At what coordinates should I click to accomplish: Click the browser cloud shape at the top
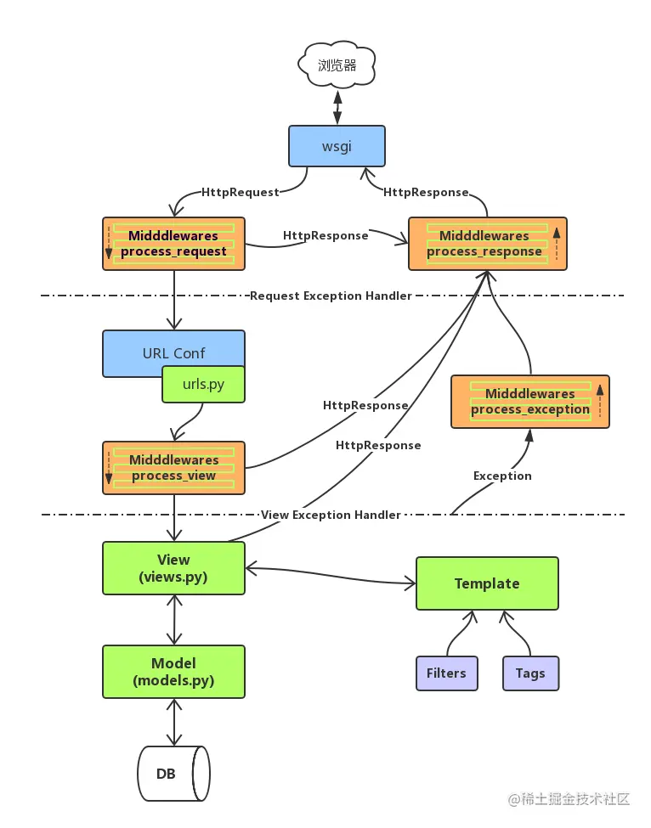click(x=337, y=65)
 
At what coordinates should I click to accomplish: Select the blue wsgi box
click(x=337, y=146)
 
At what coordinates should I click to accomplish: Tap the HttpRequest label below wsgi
click(x=240, y=192)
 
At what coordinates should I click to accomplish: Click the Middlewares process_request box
click(x=174, y=244)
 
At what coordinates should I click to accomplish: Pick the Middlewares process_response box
click(x=488, y=244)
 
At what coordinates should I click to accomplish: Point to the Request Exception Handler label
click(x=331, y=296)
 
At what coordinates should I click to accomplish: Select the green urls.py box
click(x=203, y=385)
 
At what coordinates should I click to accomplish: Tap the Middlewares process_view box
click(x=174, y=468)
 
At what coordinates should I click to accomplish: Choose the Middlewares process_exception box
click(x=530, y=402)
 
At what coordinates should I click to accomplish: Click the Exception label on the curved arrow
click(x=502, y=476)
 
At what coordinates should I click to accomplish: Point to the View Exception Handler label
click(x=331, y=515)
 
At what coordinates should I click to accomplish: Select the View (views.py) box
click(x=174, y=568)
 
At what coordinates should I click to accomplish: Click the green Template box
click(x=487, y=583)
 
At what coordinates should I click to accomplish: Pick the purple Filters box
click(x=447, y=673)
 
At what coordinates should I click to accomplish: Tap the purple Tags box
click(x=530, y=673)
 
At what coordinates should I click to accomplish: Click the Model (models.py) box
click(x=174, y=672)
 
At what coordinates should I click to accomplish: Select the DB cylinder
click(x=174, y=774)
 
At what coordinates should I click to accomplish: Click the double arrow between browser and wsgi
click(x=337, y=107)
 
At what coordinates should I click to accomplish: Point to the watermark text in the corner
click(x=569, y=799)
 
